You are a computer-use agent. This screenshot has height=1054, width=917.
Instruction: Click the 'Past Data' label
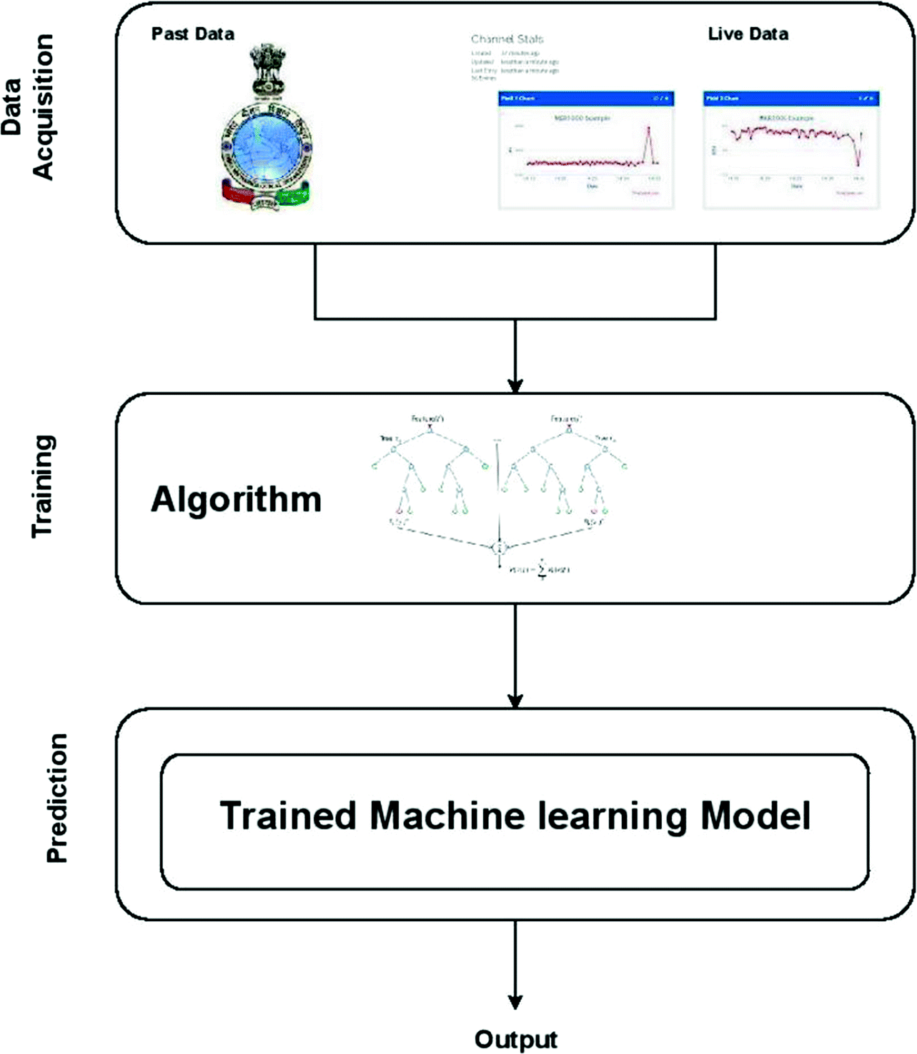click(192, 34)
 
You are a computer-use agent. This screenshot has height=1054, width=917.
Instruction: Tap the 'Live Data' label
click(748, 34)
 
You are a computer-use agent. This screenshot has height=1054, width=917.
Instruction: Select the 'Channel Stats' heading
click(507, 39)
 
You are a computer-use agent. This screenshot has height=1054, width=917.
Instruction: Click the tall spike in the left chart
click(648, 143)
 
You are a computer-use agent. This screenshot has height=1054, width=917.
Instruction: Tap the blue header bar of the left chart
click(585, 99)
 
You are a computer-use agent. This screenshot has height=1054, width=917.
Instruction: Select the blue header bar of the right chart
click(790, 99)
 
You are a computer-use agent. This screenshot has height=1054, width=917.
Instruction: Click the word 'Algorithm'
click(236, 499)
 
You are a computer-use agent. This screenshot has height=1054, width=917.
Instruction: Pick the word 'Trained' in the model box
click(287, 815)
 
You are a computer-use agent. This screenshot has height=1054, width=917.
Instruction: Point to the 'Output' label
click(515, 1039)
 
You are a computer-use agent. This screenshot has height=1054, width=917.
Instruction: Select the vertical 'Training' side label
click(43, 486)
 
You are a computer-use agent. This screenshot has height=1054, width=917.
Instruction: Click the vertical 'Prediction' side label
click(56, 798)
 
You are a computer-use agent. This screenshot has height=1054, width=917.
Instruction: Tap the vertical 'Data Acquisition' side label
click(29, 107)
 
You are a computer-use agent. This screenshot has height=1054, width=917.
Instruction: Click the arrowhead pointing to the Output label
click(515, 1001)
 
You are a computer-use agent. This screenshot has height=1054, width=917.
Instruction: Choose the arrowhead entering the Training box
click(515, 386)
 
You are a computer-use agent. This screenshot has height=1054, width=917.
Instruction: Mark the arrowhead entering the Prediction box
click(515, 701)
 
